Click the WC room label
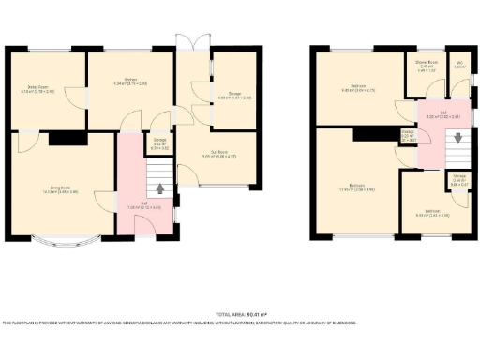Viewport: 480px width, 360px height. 459,65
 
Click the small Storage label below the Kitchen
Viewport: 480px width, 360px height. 160,144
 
